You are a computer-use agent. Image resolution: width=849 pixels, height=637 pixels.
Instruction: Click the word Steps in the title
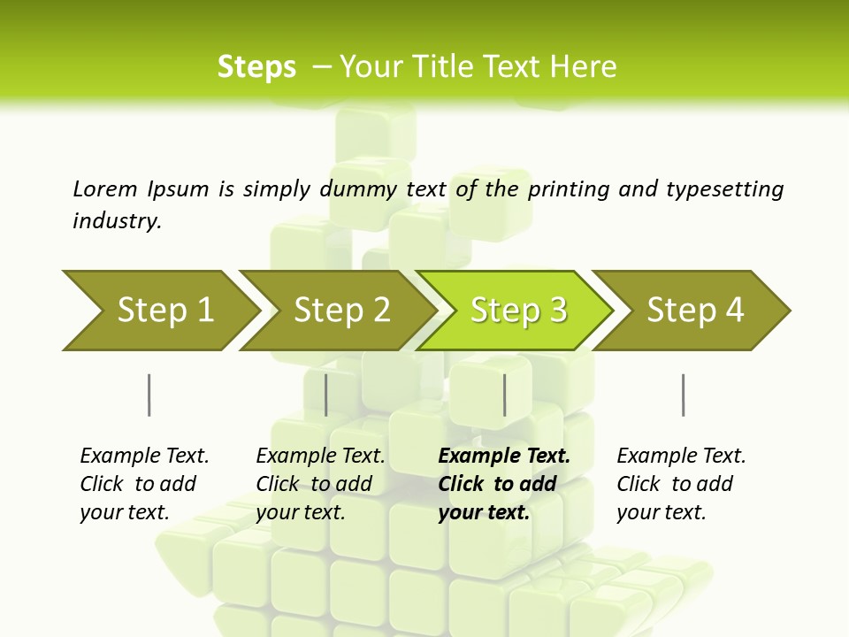256,67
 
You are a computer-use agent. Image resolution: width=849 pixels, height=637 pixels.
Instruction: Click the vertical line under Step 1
149,395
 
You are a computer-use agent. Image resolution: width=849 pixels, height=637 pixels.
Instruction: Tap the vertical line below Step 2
326,395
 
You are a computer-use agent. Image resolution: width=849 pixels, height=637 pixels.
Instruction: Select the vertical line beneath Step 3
504,395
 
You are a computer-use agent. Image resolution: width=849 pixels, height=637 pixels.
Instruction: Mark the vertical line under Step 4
683,395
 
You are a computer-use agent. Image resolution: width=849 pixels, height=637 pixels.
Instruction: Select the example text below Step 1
144,484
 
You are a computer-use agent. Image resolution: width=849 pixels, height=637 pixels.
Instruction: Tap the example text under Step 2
320,484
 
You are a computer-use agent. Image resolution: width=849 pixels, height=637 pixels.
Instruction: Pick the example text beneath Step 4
681,484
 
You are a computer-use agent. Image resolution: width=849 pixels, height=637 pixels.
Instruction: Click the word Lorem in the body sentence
104,189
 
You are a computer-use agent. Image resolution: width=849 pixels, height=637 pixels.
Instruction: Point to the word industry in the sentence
116,221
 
